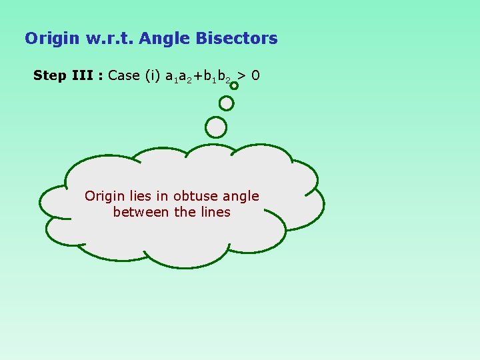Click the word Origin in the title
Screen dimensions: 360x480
[53, 39]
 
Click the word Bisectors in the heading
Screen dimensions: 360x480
[237, 39]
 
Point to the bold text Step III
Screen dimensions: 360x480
[64, 75]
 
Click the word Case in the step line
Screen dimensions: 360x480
[123, 75]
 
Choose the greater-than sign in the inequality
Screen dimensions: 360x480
[243, 75]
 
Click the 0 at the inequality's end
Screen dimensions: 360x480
[256, 75]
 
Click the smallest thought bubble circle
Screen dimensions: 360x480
[234, 85]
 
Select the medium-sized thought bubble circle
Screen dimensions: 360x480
[227, 103]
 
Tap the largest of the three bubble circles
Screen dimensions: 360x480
[216, 127]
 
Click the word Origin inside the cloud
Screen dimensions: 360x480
[104, 196]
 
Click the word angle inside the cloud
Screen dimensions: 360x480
[241, 197]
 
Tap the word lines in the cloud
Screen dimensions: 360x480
[214, 212]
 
